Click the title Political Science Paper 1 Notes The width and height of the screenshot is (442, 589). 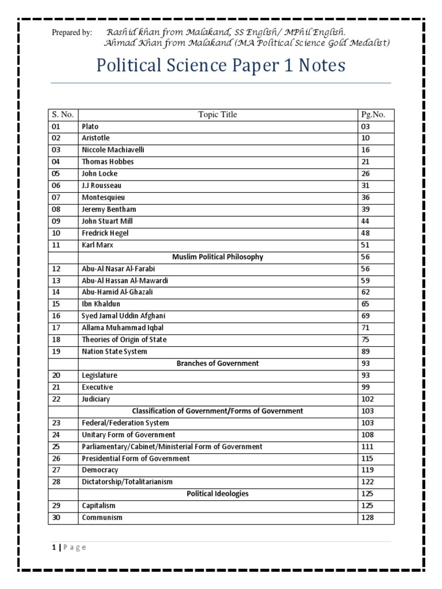click(220, 66)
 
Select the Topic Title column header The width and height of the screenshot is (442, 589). click(218, 114)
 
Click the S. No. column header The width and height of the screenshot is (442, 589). click(62, 114)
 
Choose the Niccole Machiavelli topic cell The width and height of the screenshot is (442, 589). click(113, 150)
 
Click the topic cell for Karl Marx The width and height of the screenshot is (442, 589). click(98, 244)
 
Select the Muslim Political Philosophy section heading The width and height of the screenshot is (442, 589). click(218, 257)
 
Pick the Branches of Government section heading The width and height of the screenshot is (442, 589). click(218, 364)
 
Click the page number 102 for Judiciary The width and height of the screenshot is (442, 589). click(368, 399)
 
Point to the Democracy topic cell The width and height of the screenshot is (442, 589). click(100, 470)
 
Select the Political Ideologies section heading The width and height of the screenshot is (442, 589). click(218, 494)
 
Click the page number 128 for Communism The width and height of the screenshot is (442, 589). click(368, 518)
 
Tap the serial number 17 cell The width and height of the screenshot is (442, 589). click(55, 328)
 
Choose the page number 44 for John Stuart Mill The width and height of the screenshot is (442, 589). click(365, 221)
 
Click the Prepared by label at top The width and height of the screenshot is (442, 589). click(72, 33)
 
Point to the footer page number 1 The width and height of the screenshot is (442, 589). click(52, 547)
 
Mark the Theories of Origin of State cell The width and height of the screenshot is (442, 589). click(124, 339)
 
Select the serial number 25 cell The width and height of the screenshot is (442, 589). click(55, 446)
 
